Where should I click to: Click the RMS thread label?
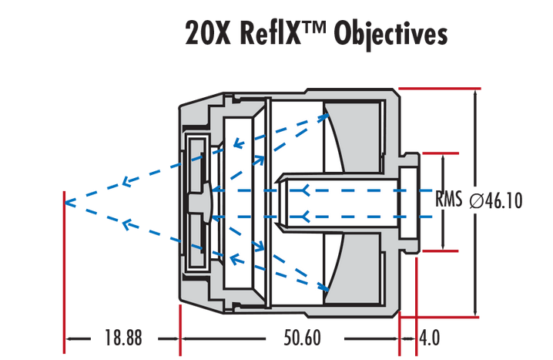tap(448, 200)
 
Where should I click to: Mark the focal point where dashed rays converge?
tap(67, 203)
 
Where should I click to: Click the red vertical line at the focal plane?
tap(63, 270)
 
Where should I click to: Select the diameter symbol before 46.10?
tap(476, 201)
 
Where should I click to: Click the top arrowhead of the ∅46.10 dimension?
tap(475, 94)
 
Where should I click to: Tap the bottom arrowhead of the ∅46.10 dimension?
tap(475, 311)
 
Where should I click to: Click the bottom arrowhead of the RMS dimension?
tap(444, 245)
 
